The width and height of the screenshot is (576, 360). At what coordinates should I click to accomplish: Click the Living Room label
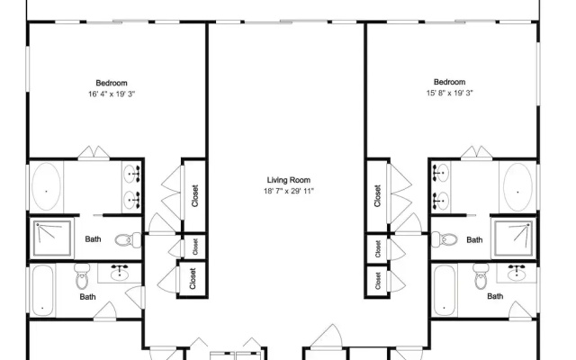coord(288,180)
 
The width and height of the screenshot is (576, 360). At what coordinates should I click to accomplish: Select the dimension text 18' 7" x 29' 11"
coord(288,191)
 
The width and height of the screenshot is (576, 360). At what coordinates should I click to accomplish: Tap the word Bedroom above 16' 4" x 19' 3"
coord(112,83)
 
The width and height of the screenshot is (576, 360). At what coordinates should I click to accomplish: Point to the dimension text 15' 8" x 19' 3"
coord(449,93)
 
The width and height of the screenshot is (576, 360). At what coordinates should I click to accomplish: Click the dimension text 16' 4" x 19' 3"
coord(112,94)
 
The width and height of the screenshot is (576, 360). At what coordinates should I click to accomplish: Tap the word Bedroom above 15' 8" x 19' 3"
coord(449,82)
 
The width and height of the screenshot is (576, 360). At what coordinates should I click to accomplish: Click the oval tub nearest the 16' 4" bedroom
coord(46,187)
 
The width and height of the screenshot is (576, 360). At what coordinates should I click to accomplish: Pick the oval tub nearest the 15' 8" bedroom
coord(517,187)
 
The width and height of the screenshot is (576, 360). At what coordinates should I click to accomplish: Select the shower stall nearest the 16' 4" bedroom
coord(52,238)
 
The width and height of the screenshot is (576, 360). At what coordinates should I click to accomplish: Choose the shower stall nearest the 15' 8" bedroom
coord(513,238)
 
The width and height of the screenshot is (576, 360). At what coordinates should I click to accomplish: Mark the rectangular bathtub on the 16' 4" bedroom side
coord(42,290)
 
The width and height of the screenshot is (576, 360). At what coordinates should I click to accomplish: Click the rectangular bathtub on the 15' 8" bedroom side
coord(445,290)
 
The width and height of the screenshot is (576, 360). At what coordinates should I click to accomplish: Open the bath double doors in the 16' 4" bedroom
coord(94,153)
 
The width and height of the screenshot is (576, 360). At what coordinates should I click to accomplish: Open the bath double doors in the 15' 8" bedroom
coord(476,153)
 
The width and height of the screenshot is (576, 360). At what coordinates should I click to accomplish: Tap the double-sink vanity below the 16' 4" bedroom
coord(131,186)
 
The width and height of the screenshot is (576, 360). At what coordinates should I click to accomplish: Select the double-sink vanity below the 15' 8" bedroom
coord(441,186)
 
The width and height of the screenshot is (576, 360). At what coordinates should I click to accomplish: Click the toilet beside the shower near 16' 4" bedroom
coord(128,240)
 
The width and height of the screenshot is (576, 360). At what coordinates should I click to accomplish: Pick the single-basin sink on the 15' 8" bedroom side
coord(517,272)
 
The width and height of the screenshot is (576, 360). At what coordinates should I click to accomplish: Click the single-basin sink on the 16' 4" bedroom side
coord(120,273)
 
